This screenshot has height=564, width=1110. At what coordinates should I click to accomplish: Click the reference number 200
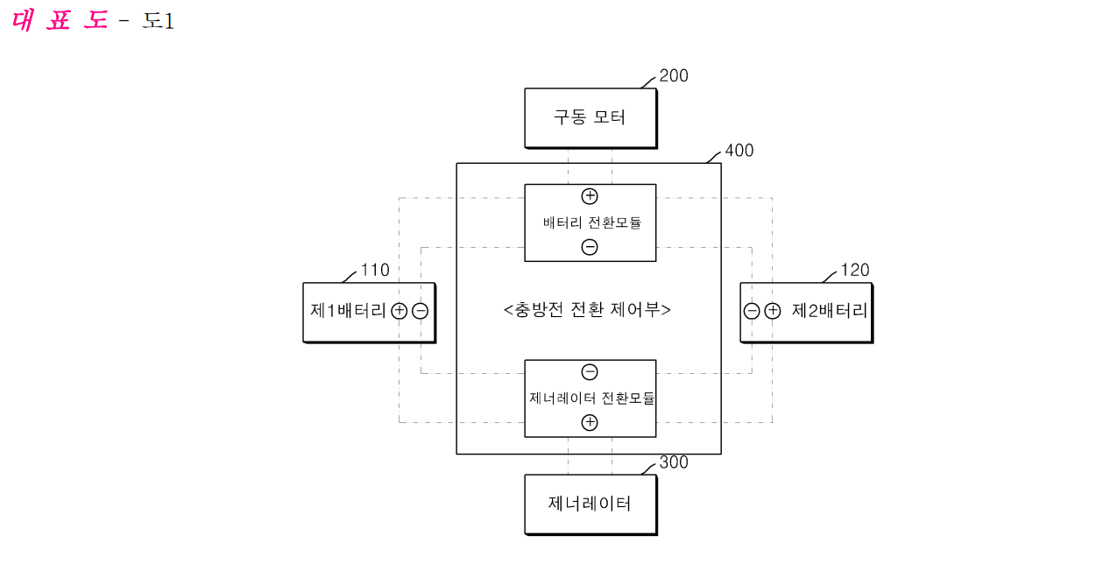[674, 76]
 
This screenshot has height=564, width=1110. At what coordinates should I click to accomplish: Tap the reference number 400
[739, 151]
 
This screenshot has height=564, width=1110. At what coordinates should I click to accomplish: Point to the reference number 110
[375, 270]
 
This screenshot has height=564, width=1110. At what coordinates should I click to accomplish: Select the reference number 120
[855, 270]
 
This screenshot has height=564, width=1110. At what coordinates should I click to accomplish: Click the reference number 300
[674, 462]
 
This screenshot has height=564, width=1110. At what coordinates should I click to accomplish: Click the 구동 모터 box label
[590, 117]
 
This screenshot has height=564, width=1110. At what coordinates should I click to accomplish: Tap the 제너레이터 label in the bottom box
[590, 504]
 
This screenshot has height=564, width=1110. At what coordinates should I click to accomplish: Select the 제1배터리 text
[348, 311]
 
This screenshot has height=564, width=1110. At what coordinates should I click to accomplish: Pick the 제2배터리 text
[830, 311]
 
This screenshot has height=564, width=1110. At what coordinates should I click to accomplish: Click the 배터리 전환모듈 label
[592, 222]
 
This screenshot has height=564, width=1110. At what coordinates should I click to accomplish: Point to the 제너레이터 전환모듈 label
[592, 398]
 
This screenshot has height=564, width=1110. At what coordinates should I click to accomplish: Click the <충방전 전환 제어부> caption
[587, 310]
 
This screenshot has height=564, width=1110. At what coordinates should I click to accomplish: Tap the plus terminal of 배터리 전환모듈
[590, 196]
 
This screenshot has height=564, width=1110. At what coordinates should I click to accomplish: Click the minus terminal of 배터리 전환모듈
[590, 247]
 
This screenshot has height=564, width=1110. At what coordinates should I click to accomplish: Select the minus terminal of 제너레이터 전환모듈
[590, 372]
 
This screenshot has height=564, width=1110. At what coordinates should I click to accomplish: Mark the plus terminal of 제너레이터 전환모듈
[590, 423]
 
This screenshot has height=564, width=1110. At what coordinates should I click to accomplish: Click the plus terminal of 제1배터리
[399, 311]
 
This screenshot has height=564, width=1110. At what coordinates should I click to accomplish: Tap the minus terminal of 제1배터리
[421, 311]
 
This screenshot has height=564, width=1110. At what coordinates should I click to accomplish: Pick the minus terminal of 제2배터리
[752, 311]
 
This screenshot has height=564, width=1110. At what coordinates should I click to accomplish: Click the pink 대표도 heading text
[60, 20]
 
